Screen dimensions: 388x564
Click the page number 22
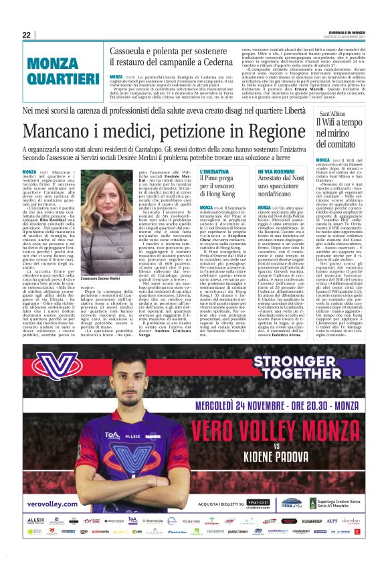[26, 35]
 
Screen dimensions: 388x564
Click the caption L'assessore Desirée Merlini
[100, 277]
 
